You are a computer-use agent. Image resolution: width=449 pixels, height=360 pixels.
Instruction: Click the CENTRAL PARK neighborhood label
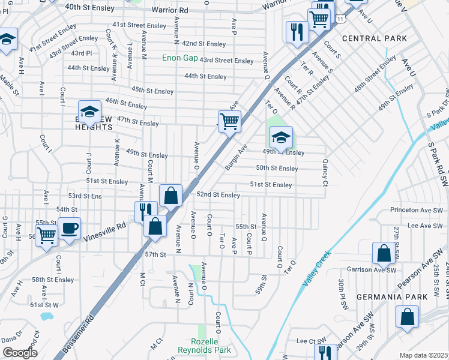[375, 38]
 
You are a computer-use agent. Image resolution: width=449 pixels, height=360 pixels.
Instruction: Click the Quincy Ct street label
[325, 171]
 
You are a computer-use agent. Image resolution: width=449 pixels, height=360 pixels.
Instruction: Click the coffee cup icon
[70, 229]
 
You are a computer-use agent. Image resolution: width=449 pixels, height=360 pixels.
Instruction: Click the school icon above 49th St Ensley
[280, 137]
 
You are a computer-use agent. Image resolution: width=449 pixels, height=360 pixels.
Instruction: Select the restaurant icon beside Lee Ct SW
[324, 352]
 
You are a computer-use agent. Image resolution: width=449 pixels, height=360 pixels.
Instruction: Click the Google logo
[20, 353]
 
